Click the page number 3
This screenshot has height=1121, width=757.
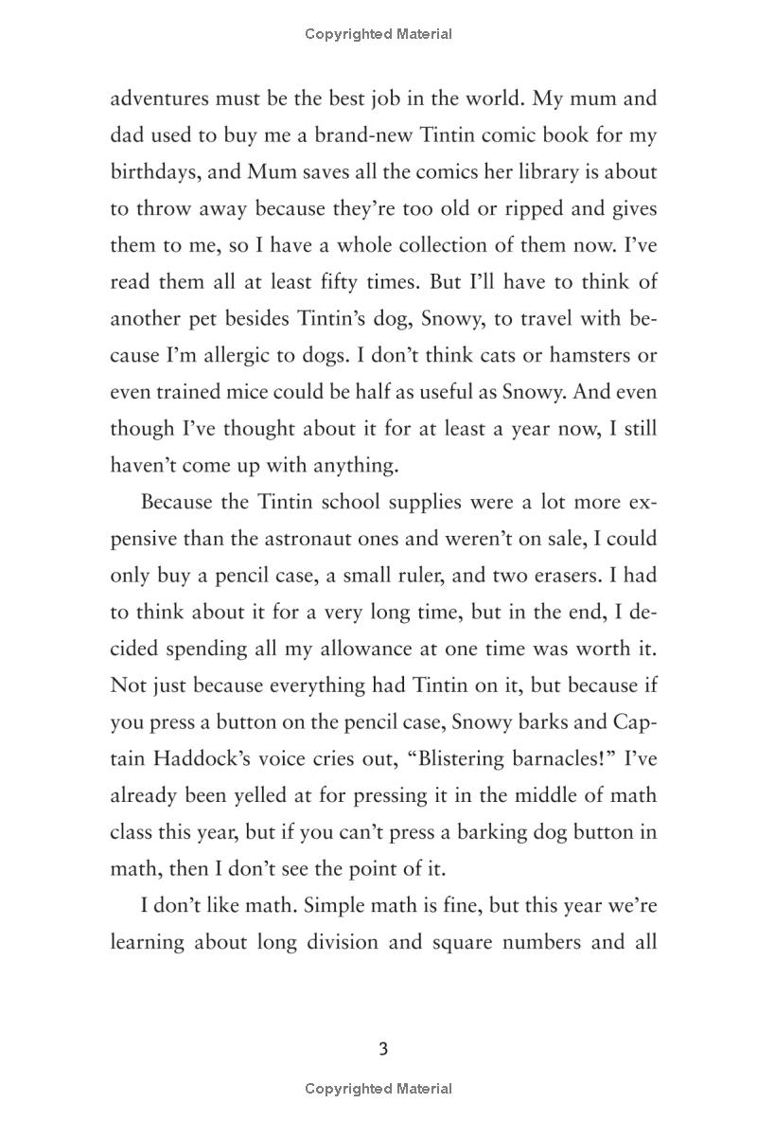(x=383, y=1049)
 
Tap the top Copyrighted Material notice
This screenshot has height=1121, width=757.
(x=378, y=34)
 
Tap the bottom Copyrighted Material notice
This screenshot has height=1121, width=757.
(x=378, y=1089)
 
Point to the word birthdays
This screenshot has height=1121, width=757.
(x=154, y=172)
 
